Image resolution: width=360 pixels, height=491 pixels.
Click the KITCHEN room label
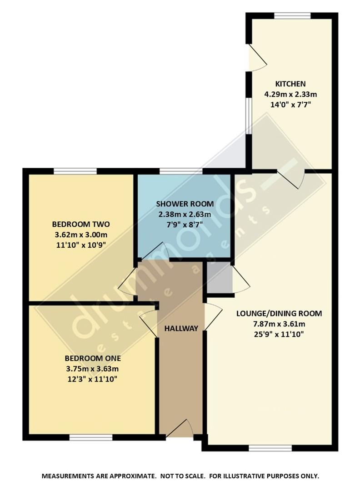point(290,84)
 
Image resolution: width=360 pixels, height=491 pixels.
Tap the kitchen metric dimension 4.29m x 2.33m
point(290,95)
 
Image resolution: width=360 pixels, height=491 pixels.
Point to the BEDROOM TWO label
point(81,224)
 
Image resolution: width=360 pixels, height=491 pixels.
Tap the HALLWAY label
point(181,328)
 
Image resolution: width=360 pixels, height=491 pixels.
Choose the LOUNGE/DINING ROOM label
point(279,313)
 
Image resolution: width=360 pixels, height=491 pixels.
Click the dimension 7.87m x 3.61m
point(279,324)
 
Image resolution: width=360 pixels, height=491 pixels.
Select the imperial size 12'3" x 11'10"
point(93,379)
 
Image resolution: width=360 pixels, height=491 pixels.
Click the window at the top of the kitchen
point(292,16)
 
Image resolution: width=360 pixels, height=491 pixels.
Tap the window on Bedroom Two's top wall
point(75,171)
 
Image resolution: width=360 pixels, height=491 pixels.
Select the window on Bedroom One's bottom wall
point(91,437)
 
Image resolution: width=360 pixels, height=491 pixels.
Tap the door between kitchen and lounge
point(291,177)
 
